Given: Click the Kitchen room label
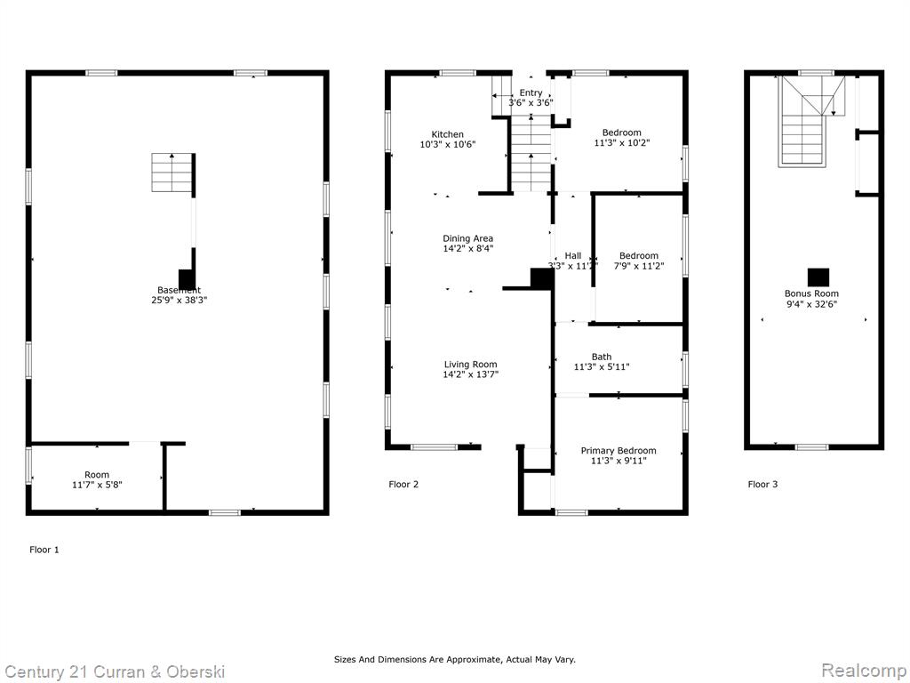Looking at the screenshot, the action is click(x=448, y=134).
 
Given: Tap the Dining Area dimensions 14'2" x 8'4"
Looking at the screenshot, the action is click(x=467, y=249).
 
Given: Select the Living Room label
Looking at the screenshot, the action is click(x=471, y=365).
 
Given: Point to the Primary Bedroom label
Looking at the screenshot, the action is click(x=619, y=451).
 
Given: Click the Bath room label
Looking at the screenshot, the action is click(x=602, y=357).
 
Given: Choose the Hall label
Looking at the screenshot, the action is click(x=573, y=255).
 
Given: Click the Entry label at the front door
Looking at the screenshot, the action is click(x=531, y=92).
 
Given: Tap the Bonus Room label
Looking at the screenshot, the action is click(x=811, y=293).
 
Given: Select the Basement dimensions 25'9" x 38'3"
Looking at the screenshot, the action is click(x=179, y=301).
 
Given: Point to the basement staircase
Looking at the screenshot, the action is click(x=172, y=173).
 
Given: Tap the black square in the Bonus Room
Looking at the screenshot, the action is click(x=818, y=277).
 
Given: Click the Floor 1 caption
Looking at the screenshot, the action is click(x=44, y=550).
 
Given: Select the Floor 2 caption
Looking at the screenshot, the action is click(x=403, y=485).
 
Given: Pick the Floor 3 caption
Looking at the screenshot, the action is click(x=762, y=485).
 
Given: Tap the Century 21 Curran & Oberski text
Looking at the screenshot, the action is click(x=115, y=672).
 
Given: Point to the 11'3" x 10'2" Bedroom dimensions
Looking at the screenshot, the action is click(x=622, y=143).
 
